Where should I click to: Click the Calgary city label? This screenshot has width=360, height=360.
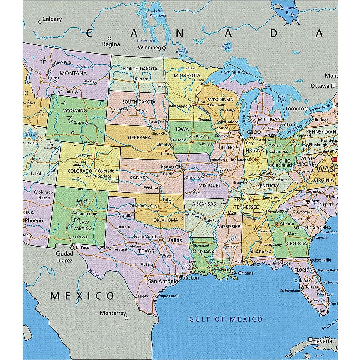coord(52,19)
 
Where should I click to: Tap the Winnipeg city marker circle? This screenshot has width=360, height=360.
coord(164,48)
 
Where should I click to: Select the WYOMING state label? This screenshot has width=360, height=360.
coord(75,110)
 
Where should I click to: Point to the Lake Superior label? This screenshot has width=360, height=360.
coord(235,72)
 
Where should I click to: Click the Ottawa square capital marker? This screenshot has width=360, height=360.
coord(333,86)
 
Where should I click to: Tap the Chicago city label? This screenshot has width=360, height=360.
coord(249,132)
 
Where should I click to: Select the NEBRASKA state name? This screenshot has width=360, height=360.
coord(139,138)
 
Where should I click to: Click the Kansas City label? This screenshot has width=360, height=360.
coord(172,167)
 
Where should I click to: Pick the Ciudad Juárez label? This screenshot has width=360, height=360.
coord(64,257)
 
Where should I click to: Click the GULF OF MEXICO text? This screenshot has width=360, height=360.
coord(226,319)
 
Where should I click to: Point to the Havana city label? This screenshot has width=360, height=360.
coord(322,341)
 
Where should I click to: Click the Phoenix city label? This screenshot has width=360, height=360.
coord(34,220)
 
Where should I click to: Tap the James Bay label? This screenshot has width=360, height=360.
coord(289,10)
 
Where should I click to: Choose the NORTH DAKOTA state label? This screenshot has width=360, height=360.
coord(140,69)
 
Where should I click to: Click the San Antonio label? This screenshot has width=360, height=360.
coord(163,281)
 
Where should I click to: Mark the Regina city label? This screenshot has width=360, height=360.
coord(111,44)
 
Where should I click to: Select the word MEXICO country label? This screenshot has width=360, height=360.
coord(82,296)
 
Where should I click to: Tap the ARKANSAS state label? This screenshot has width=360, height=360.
coord(204,204)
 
